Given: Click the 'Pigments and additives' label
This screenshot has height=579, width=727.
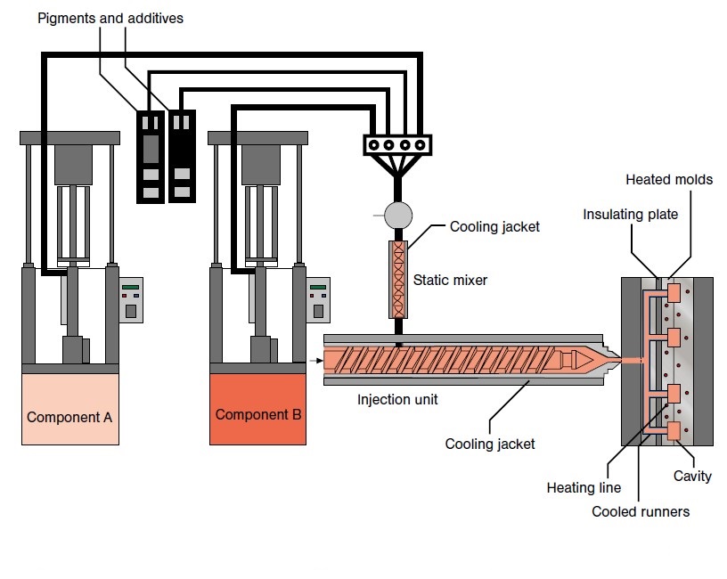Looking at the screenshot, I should click(x=110, y=18).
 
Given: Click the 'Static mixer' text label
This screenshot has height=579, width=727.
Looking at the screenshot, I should click(x=451, y=280).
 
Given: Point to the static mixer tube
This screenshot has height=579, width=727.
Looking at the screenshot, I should click(x=398, y=279).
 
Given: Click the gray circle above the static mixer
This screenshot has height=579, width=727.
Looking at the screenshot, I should click(x=398, y=215).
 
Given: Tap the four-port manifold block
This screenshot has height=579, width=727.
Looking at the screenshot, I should click(x=397, y=144).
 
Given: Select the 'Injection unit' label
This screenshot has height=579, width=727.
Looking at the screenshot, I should click(x=398, y=400).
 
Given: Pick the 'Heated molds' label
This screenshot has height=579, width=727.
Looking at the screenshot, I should click(x=669, y=179).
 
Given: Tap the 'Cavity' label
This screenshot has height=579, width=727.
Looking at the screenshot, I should click(x=692, y=476).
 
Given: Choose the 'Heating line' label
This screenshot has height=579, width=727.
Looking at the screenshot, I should click(x=584, y=487).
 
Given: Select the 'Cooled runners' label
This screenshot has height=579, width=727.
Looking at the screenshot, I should click(x=640, y=511).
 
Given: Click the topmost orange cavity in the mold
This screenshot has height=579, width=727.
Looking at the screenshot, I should click(x=673, y=292).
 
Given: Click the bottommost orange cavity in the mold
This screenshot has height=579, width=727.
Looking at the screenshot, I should click(x=673, y=431).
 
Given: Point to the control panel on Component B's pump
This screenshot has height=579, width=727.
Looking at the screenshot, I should click(x=317, y=300).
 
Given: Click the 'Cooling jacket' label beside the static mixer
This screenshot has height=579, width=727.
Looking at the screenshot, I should click(x=495, y=227).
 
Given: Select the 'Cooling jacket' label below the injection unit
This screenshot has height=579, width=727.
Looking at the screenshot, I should click(x=490, y=443).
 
